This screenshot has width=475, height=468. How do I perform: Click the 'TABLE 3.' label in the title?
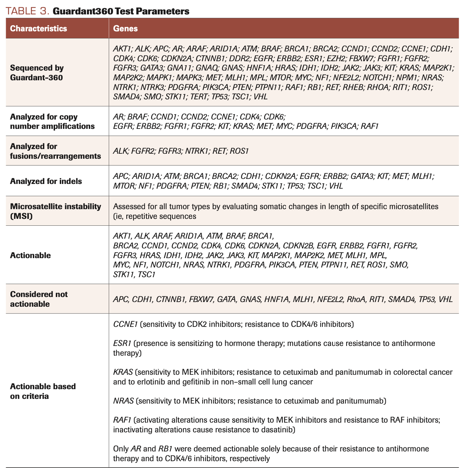(27, 11)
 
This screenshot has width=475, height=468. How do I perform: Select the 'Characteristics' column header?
(39, 28)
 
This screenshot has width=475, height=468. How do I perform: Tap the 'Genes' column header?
(125, 28)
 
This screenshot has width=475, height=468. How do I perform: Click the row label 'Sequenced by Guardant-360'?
(37, 72)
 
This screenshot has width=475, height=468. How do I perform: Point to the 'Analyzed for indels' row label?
(46, 181)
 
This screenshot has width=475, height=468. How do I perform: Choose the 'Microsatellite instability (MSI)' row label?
(55, 211)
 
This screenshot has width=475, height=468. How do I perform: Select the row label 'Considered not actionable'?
(39, 299)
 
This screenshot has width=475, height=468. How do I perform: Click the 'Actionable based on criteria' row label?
(43, 391)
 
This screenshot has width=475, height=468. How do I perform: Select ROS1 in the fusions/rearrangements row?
(239, 151)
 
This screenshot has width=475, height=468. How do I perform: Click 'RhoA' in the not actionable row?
(356, 299)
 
